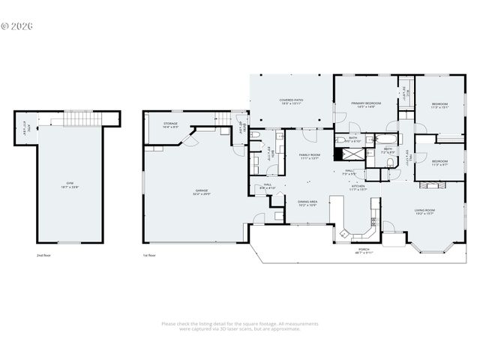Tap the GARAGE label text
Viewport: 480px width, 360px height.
click(x=202, y=192)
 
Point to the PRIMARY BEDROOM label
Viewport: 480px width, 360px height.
click(x=366, y=104)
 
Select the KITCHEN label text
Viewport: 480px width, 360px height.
click(x=359, y=187)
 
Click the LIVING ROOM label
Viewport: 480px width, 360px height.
click(x=424, y=212)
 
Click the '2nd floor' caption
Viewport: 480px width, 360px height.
click(x=43, y=255)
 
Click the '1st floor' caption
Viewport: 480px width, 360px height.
click(x=150, y=255)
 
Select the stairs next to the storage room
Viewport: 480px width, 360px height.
click(x=222, y=118)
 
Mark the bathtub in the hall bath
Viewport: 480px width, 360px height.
click(x=388, y=139)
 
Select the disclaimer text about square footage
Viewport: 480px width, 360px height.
click(x=240, y=326)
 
